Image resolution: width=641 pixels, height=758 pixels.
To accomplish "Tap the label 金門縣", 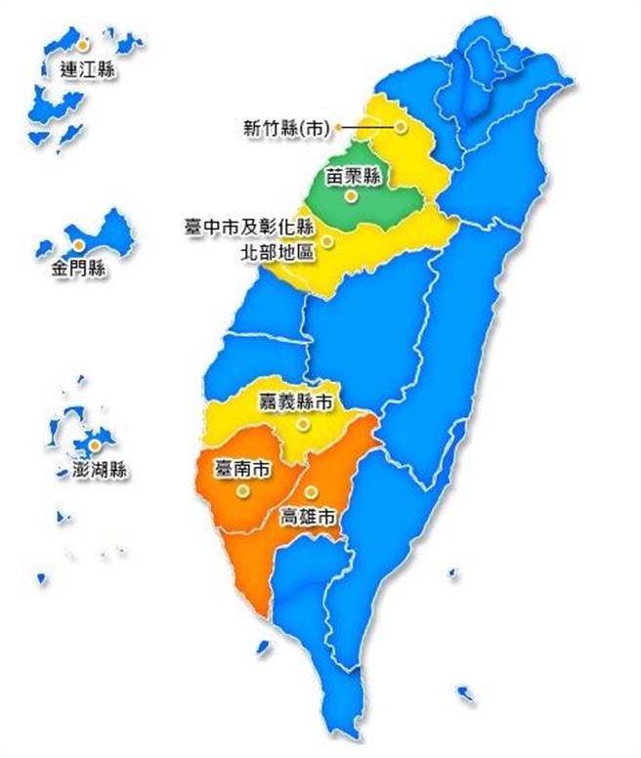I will click(x=79, y=268).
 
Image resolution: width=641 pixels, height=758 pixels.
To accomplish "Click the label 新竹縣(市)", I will click(x=287, y=127).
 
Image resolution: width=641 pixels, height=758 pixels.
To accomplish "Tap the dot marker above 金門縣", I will click(x=75, y=243).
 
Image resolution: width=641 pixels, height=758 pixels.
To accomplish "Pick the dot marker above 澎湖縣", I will click(x=94, y=445).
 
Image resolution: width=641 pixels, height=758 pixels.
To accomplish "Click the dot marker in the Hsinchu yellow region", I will click(x=400, y=127).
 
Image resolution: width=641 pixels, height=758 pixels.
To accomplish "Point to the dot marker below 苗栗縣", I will click(x=351, y=195).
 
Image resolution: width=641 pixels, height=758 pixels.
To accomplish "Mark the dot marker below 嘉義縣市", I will click(x=304, y=425).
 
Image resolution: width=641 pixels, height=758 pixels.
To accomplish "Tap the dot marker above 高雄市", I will click(x=310, y=492).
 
